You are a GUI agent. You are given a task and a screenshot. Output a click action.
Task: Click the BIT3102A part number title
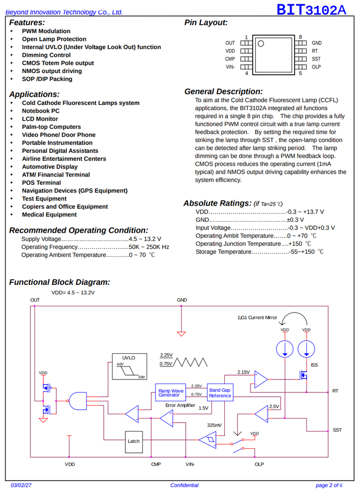(311, 9)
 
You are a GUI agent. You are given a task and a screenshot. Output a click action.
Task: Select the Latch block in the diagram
(134, 442)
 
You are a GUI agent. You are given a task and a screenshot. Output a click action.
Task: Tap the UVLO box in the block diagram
(129, 366)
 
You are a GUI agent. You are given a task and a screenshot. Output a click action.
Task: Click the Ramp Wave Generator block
(171, 392)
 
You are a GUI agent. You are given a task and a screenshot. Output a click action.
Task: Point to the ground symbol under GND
(181, 334)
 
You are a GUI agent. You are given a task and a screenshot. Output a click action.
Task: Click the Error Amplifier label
(180, 405)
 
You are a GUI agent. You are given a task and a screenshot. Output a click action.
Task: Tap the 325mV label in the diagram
(214, 425)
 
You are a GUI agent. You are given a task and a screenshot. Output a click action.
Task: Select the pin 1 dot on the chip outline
(261, 43)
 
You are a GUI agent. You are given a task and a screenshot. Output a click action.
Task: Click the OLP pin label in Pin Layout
(316, 67)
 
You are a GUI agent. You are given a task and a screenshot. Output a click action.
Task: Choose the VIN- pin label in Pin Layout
(230, 67)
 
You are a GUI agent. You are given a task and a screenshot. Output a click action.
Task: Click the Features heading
(27, 22)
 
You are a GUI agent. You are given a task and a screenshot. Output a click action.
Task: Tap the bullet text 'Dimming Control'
(46, 55)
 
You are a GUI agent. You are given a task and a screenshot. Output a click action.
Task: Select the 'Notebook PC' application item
(41, 111)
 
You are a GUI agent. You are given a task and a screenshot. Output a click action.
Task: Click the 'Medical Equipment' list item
(49, 214)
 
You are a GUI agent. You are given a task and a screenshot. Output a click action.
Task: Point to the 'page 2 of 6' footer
(329, 485)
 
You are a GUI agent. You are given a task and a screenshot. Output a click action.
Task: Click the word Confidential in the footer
(184, 485)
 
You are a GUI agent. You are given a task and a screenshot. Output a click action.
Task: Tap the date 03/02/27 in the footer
(21, 485)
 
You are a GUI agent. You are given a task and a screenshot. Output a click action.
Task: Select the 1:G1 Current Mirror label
(257, 318)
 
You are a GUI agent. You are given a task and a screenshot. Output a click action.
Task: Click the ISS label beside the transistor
(314, 365)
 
